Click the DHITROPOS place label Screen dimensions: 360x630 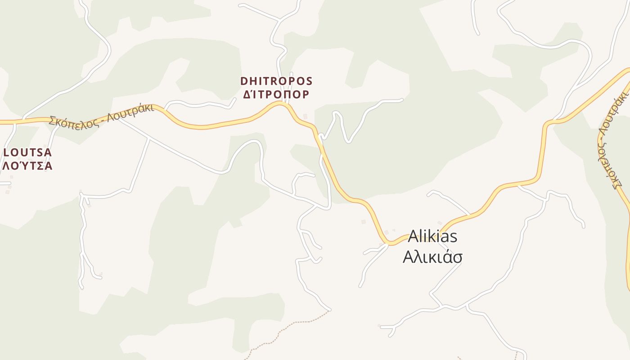[x=276, y=81]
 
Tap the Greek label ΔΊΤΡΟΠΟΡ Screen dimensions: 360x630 [x=276, y=94]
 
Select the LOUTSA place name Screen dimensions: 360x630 [x=27, y=152]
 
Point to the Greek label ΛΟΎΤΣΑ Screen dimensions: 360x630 [x=27, y=166]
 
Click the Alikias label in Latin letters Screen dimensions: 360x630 [x=432, y=236]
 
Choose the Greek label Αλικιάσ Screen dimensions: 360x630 [x=432, y=257]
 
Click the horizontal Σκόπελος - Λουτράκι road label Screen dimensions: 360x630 [x=102, y=116]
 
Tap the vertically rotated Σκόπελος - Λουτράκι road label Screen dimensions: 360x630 [x=612, y=139]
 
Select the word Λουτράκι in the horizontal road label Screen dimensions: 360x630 [x=134, y=110]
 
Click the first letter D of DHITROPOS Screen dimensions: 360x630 [x=244, y=81]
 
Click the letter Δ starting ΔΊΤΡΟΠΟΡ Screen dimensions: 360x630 [x=247, y=94]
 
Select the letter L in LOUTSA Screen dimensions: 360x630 [x=7, y=152]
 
